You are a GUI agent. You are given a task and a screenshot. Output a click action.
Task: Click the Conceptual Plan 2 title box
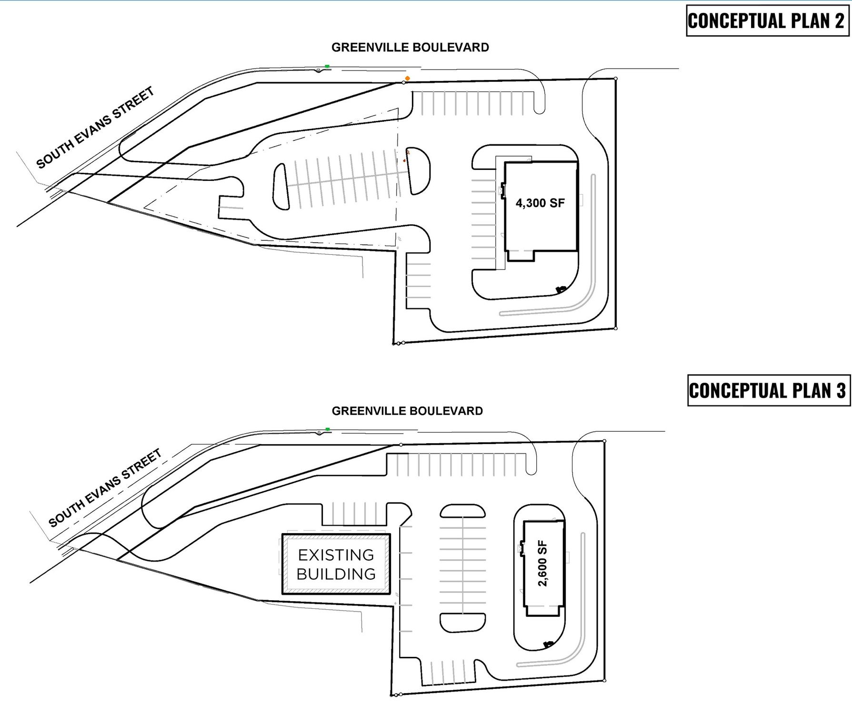(767, 21)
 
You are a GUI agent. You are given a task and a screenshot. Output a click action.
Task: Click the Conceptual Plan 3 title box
(768, 390)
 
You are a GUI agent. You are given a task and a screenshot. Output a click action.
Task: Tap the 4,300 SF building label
(540, 203)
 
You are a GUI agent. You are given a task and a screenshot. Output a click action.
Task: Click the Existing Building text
(336, 564)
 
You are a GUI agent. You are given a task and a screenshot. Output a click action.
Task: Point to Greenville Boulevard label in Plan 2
(410, 47)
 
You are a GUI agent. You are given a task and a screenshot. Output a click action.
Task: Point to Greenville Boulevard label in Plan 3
(407, 411)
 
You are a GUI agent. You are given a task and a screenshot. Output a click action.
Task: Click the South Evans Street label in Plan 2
(95, 128)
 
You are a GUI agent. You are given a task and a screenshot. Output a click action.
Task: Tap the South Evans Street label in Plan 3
(105, 488)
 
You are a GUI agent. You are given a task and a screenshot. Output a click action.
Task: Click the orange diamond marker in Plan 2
(407, 78)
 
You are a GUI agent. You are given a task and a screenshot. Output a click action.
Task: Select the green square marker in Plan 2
(327, 67)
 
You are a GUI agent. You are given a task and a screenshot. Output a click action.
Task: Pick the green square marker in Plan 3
(328, 429)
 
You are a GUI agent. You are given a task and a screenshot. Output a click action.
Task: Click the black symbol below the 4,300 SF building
(561, 289)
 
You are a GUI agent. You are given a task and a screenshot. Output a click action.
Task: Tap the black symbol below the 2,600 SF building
(548, 644)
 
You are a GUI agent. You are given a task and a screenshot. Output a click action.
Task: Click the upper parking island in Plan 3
(462, 511)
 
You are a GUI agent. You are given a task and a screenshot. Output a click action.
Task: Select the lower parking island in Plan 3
(462, 622)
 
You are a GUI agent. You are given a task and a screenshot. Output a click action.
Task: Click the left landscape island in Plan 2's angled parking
(281, 187)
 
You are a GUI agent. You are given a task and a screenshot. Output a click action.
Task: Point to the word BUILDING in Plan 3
(336, 574)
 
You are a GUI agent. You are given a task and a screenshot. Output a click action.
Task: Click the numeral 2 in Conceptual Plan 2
(839, 21)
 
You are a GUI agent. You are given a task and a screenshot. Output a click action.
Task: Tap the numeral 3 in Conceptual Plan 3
(840, 390)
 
